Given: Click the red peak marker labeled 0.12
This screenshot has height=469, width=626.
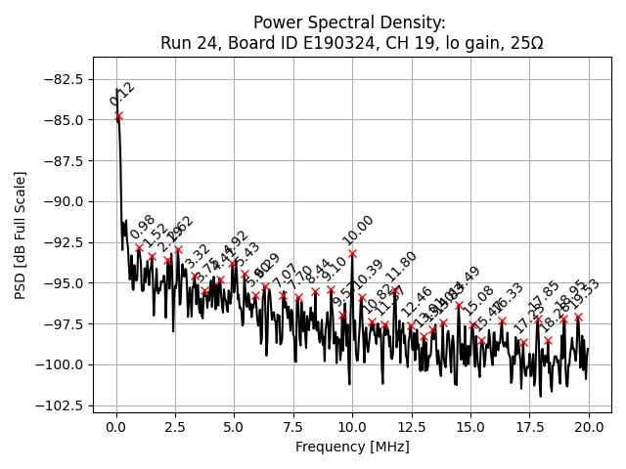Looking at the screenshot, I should point(118,116).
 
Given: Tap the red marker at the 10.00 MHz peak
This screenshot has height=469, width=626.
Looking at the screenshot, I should point(352,253).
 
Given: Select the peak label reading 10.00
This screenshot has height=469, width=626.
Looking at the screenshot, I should point(358,231).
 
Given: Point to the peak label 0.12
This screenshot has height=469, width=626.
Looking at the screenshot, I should point(122,94).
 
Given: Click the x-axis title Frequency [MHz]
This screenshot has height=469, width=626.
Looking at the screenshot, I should point(352,447).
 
